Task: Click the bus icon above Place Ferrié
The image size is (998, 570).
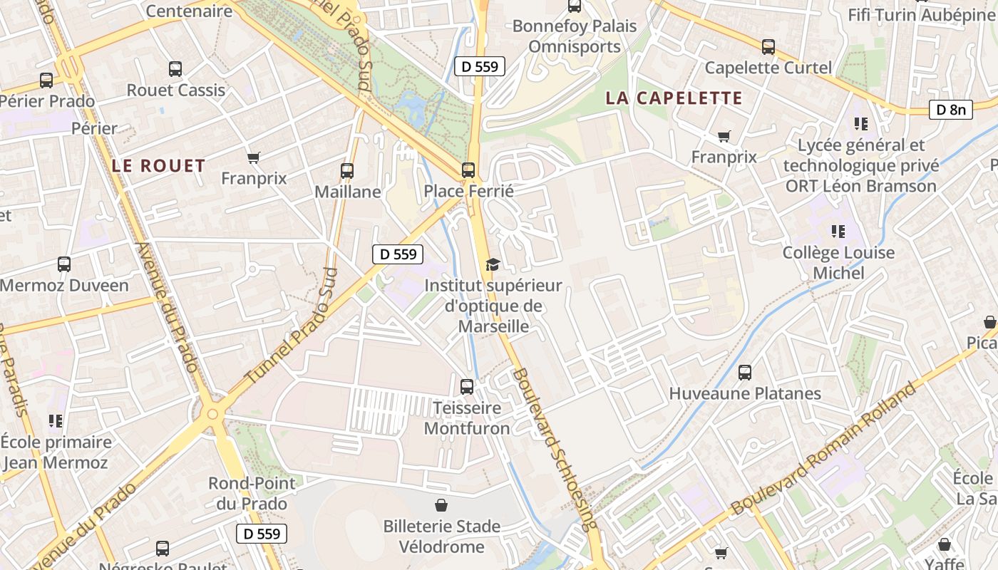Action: coord(468,170)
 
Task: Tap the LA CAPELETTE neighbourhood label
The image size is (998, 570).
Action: coord(674,98)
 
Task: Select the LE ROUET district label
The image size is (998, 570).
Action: coord(158,166)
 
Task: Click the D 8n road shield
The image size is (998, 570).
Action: coord(951,110)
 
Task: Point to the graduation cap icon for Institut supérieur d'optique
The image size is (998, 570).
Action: coord(492,264)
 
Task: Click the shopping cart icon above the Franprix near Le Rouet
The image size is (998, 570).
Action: coord(253,157)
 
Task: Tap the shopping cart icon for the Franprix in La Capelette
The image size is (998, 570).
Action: coord(724,135)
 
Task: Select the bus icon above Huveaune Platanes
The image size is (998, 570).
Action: coord(745,372)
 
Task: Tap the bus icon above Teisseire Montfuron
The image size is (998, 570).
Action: coord(467,387)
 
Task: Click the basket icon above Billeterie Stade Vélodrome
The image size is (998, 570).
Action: coord(441,505)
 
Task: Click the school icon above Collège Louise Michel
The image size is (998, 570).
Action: coord(838,232)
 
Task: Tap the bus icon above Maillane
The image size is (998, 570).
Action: coord(347,171)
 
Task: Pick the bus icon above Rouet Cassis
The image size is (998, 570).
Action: coord(175,69)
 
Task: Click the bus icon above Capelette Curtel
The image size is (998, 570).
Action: coord(768,47)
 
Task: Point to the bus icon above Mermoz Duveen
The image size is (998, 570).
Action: coord(64,264)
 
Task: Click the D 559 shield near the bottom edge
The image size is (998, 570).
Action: coord(262,533)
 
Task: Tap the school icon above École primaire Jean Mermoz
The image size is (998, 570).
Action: coord(56,421)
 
